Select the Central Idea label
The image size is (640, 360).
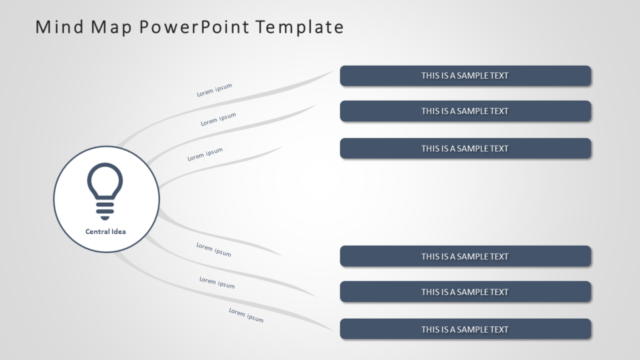coord(106,232)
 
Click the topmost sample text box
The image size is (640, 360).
coord(465,76)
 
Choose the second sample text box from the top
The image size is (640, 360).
coord(465,111)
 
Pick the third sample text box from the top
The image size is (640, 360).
coord(465,149)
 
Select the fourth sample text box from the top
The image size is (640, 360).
coord(465,256)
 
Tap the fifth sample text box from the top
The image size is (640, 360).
coord(465,292)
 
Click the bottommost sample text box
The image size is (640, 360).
coord(465,329)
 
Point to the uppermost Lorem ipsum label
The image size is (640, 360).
coord(214,90)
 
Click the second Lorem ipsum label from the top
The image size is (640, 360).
coord(218,119)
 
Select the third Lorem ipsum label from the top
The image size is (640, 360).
coord(205,154)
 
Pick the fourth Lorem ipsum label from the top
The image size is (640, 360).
coord(214,249)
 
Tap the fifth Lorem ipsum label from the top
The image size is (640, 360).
coord(217,282)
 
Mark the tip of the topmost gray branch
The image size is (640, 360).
coord(333,71)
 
